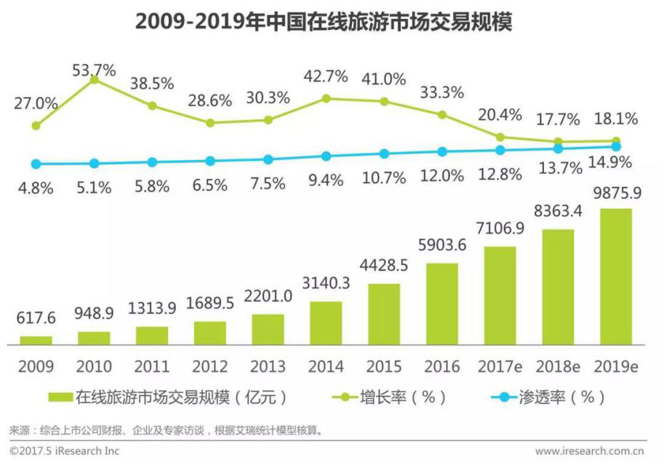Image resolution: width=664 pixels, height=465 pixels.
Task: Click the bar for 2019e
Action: point(616,276)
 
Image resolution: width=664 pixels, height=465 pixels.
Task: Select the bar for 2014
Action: point(326,322)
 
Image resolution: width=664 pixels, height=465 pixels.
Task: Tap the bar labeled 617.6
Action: point(36,340)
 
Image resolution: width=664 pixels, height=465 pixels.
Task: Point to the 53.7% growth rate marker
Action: point(94,79)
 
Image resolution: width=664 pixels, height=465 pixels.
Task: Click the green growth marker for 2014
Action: point(326,98)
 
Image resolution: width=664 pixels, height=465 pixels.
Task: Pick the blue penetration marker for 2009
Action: point(36,164)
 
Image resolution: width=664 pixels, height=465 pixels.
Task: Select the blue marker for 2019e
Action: point(617,146)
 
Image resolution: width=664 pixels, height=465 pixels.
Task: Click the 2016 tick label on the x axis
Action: point(442,367)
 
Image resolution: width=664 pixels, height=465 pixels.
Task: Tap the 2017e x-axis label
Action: point(500,367)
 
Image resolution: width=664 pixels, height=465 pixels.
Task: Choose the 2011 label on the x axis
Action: point(152,367)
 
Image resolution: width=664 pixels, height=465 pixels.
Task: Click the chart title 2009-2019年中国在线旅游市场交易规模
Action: point(324,22)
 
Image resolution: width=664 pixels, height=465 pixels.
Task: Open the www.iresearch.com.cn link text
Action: point(589,451)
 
